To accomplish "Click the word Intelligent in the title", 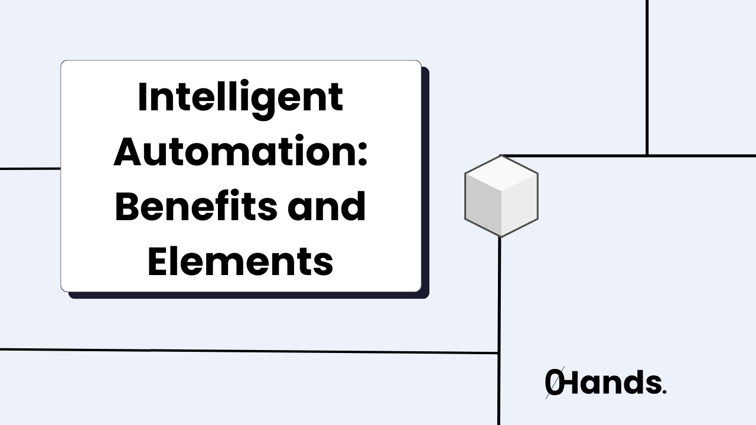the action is (x=240, y=97).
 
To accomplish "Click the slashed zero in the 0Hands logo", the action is (x=553, y=383).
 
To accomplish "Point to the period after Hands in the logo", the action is (x=664, y=392).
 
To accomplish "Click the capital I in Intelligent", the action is (x=142, y=97).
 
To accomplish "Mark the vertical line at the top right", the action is (x=647, y=77).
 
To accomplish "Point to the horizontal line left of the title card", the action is (x=30, y=168).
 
